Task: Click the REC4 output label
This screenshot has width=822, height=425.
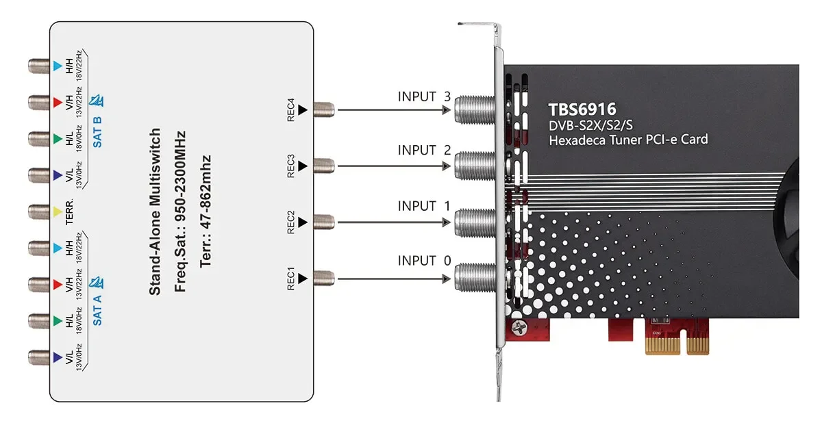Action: (291, 108)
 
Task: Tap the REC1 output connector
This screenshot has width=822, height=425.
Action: (323, 277)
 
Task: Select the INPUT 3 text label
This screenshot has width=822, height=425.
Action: (424, 96)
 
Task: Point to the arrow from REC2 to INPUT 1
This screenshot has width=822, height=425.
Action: (393, 222)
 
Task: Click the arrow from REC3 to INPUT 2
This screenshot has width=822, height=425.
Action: (393, 166)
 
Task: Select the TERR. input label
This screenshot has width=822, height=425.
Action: (71, 213)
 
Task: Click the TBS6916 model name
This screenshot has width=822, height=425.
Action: (582, 110)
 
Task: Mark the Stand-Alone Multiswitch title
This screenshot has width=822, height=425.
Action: (155, 211)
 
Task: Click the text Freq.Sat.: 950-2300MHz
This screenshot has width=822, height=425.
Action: (180, 211)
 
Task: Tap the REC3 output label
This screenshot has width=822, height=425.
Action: (291, 165)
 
